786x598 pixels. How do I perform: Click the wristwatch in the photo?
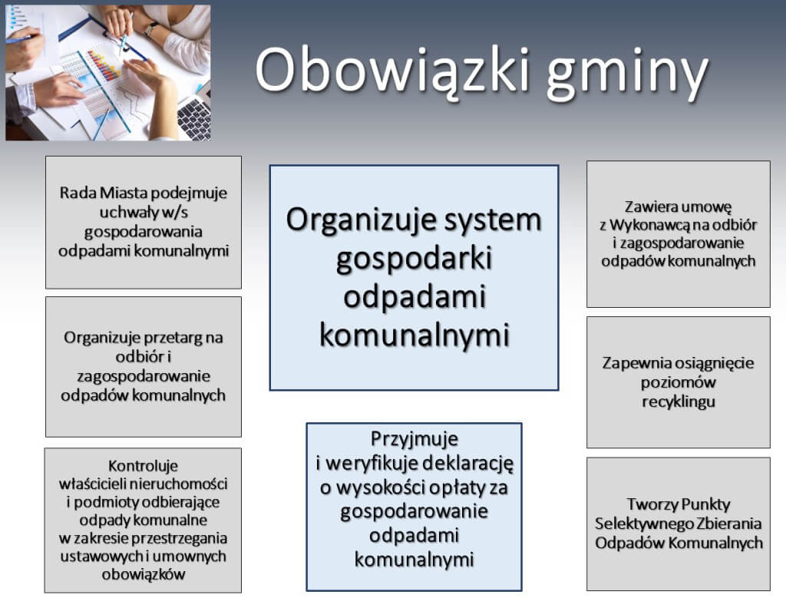tap(151, 28)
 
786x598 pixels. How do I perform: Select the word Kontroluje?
tap(144, 466)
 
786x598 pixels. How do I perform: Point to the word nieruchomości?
tap(179, 484)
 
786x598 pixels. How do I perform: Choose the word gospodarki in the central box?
tap(414, 259)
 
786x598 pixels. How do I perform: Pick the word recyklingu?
tap(679, 402)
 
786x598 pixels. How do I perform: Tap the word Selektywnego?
tap(636, 524)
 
